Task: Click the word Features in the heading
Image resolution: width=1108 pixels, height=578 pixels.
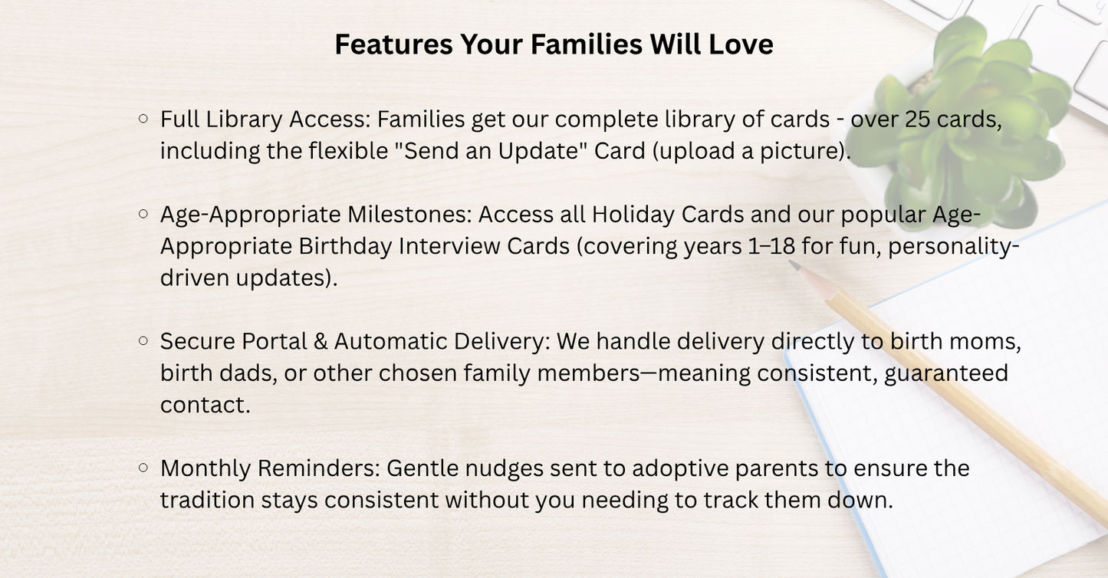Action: click(x=393, y=44)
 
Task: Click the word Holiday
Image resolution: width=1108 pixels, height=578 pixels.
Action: click(x=632, y=215)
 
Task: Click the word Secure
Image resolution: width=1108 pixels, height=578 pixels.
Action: click(x=197, y=341)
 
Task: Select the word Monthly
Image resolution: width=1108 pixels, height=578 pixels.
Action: click(x=205, y=468)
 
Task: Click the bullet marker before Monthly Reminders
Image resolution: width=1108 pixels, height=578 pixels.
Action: click(x=143, y=467)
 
